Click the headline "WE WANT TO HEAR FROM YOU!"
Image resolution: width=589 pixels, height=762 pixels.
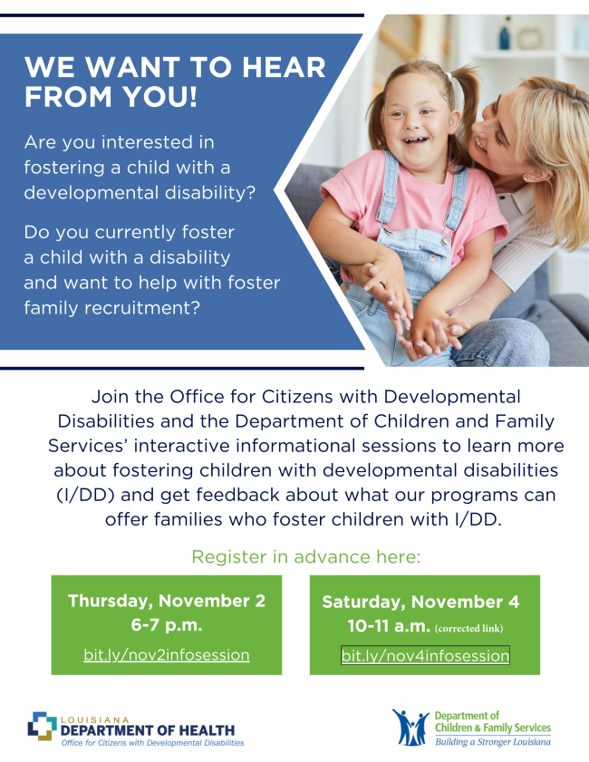175,82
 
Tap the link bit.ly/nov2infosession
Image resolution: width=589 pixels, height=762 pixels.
166,654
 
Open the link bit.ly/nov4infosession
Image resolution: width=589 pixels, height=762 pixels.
425,655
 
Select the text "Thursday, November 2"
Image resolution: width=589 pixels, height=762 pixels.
166,601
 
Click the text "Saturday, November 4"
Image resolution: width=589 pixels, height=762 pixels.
420,602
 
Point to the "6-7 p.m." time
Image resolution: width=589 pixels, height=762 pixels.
166,625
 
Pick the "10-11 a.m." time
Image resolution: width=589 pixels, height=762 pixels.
389,626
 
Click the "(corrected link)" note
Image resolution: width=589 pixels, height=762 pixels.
468,628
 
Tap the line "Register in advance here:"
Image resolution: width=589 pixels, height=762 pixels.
305,556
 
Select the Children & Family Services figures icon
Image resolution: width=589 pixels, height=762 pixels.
410,727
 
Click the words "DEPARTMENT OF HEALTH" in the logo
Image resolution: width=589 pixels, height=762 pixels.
148,730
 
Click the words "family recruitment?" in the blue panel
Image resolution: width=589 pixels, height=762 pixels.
111,307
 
